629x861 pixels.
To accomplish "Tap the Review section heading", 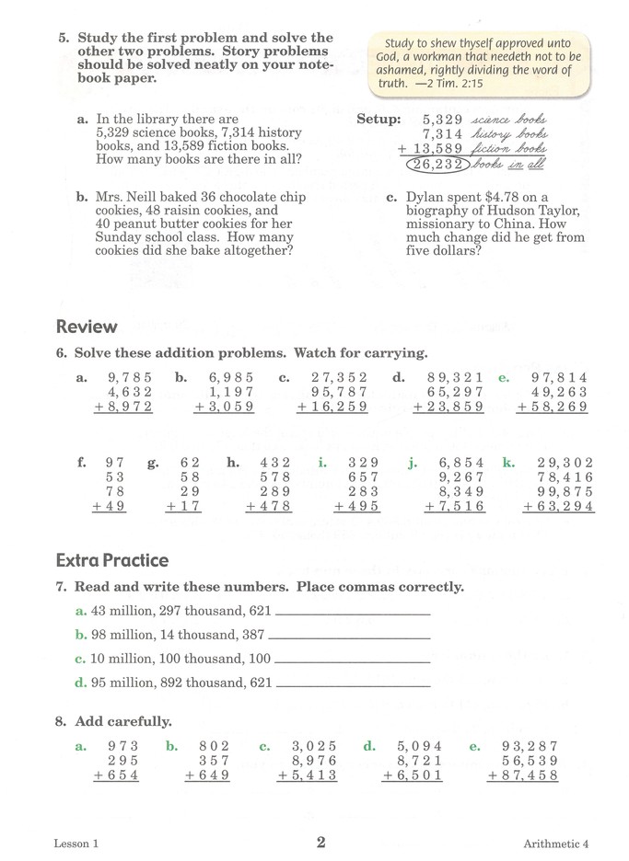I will [x=87, y=327].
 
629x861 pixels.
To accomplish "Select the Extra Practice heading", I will [x=112, y=560].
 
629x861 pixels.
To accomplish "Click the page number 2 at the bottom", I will [x=320, y=841].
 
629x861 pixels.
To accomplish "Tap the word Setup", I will [x=379, y=119].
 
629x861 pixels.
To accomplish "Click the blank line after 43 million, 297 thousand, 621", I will [x=353, y=613].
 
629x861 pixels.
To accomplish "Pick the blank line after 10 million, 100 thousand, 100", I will [x=353, y=660].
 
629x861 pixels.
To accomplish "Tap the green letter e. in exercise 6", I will [x=504, y=376].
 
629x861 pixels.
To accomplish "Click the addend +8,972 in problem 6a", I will [x=123, y=406].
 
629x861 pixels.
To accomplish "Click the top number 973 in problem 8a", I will [x=122, y=746].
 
